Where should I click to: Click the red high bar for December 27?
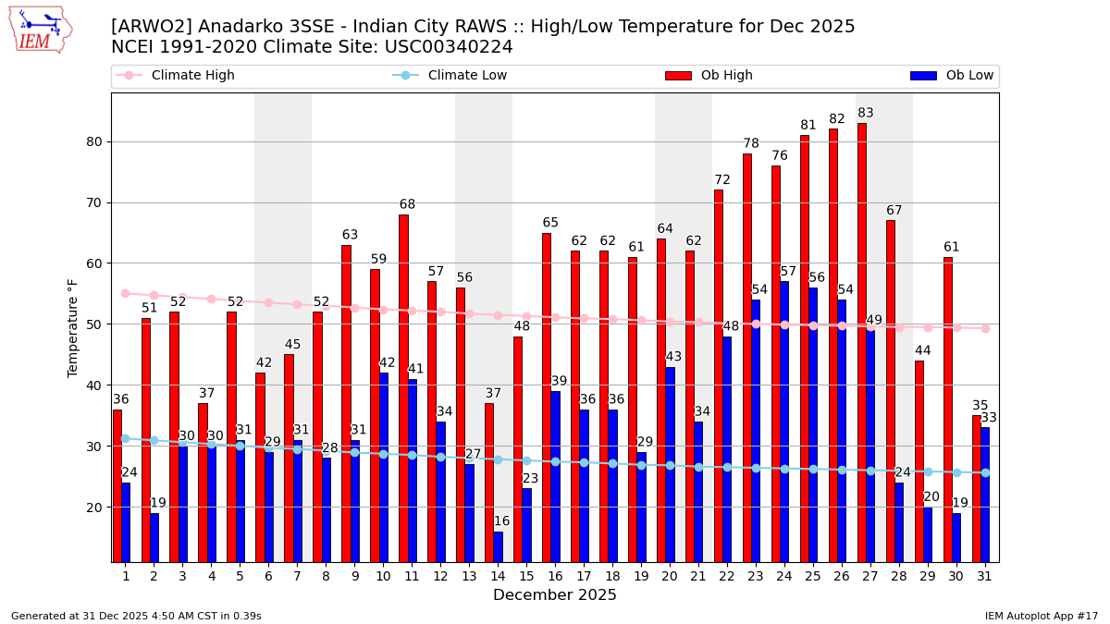pyautogui.click(x=862, y=342)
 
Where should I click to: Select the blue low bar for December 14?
pyautogui.click(x=499, y=546)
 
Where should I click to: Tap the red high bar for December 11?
pyautogui.click(x=403, y=388)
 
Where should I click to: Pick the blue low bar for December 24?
pyautogui.click(x=784, y=422)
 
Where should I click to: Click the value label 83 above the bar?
pyautogui.click(x=866, y=114)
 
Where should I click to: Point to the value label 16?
pyautogui.click(x=501, y=521)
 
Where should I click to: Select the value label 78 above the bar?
pyautogui.click(x=751, y=144)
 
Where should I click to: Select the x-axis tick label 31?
pyautogui.click(x=985, y=576)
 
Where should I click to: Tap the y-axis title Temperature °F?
pyautogui.click(x=74, y=327)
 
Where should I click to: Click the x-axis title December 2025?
pyautogui.click(x=555, y=595)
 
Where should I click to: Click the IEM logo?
pyautogui.click(x=39, y=30)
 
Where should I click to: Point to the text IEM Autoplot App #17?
pyautogui.click(x=1042, y=616)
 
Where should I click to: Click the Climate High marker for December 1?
pyautogui.click(x=125, y=293)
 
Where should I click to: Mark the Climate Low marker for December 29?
pyautogui.click(x=928, y=471)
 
